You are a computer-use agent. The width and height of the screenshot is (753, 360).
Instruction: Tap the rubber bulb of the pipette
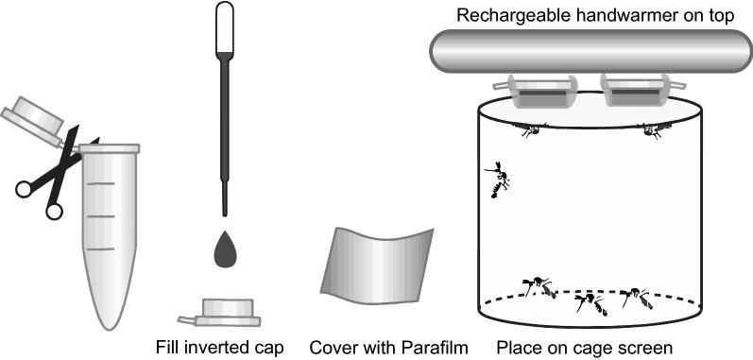[x=224, y=26]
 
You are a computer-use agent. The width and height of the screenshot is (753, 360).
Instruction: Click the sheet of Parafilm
[x=377, y=266]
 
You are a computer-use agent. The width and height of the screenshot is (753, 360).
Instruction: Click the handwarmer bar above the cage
[x=590, y=51]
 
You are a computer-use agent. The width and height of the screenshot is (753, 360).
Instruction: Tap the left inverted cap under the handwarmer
[x=535, y=91]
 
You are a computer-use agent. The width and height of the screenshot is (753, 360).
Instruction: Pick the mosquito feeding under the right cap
[x=652, y=129]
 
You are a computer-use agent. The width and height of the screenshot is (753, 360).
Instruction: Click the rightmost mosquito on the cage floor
[x=636, y=298]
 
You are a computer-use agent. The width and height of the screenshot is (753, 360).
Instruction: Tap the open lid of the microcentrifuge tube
[x=33, y=119]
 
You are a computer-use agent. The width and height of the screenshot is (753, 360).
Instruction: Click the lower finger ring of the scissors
[x=54, y=211]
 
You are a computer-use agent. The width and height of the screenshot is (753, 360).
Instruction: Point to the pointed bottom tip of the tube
[x=110, y=329]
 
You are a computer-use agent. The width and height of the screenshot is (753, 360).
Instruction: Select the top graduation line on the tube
[x=101, y=183]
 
